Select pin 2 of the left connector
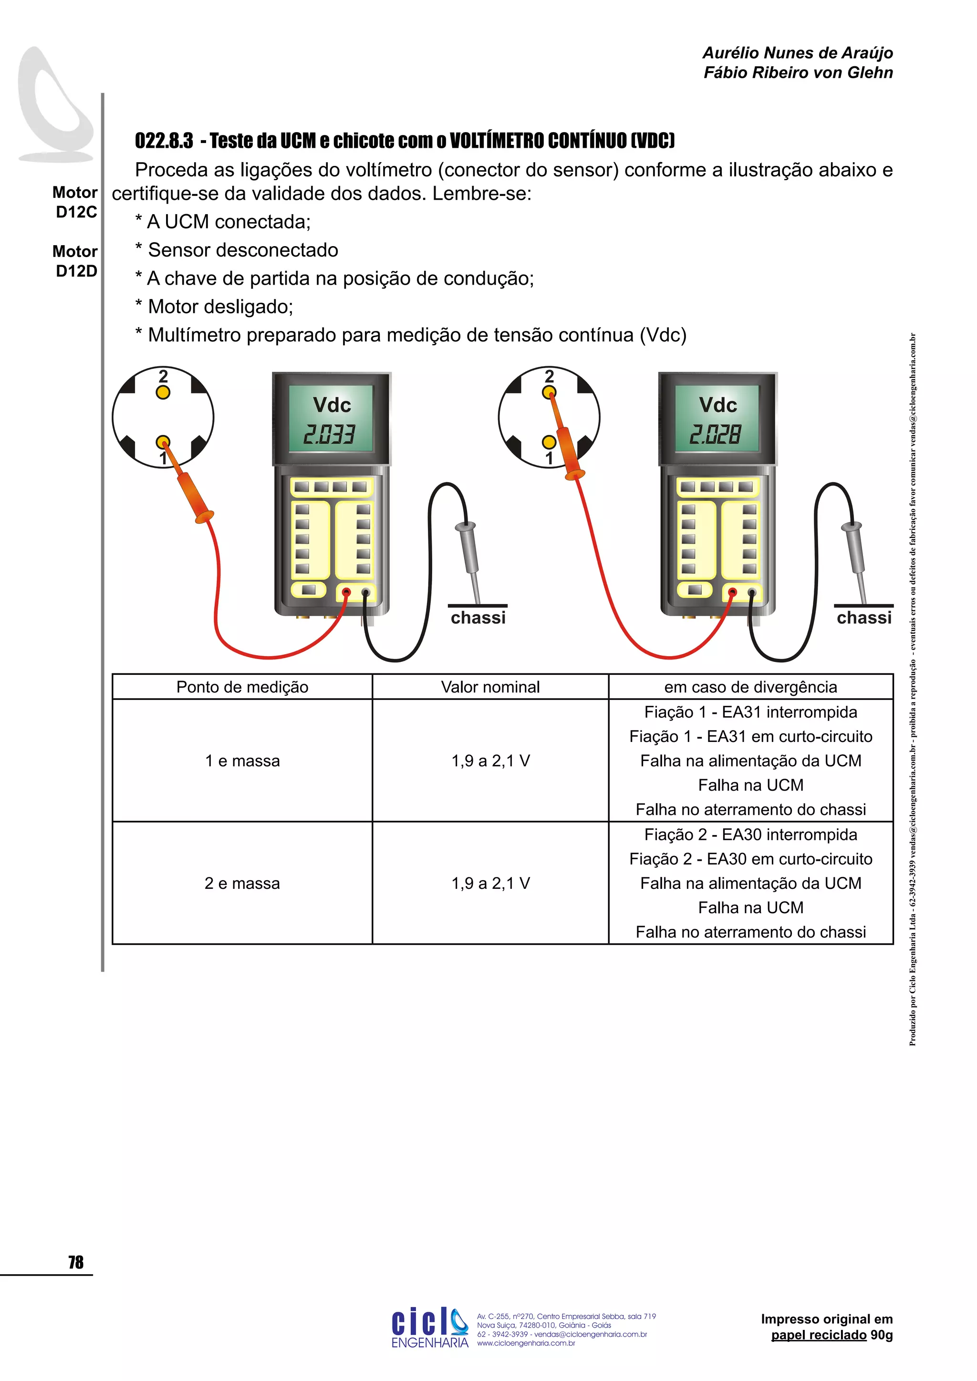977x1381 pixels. coord(163,392)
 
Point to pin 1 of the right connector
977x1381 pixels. coord(549,443)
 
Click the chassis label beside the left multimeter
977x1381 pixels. coord(478,618)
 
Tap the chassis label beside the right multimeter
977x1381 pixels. coord(864,618)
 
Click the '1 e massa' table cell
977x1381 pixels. coord(242,761)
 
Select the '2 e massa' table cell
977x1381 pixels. coord(242,883)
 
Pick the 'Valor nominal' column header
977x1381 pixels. coord(490,687)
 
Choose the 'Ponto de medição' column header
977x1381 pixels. coord(242,687)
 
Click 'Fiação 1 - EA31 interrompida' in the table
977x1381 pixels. coord(751,712)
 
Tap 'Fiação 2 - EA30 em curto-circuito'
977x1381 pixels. coord(751,859)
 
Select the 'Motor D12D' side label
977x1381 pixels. coord(75,261)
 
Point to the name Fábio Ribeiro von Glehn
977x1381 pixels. coord(798,73)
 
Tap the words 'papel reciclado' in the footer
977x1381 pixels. coord(819,1335)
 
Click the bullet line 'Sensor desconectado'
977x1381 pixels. coord(242,250)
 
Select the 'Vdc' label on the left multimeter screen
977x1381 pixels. coord(332,405)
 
